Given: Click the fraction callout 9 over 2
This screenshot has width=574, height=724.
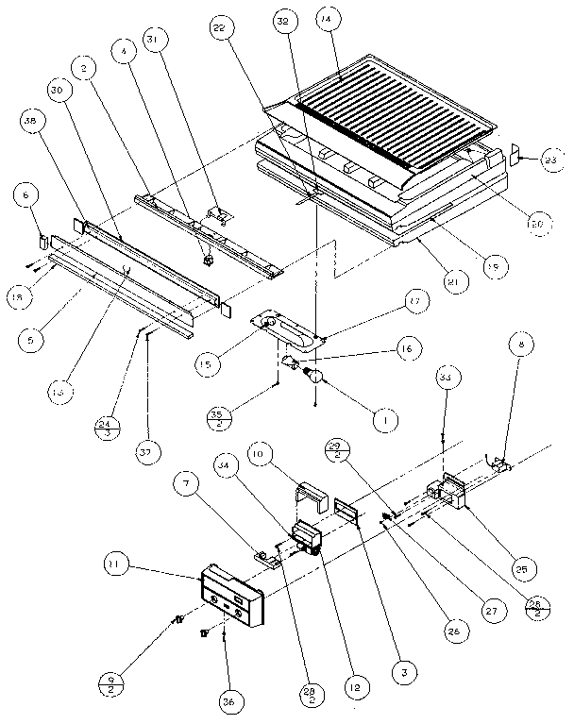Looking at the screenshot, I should [x=111, y=682].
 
